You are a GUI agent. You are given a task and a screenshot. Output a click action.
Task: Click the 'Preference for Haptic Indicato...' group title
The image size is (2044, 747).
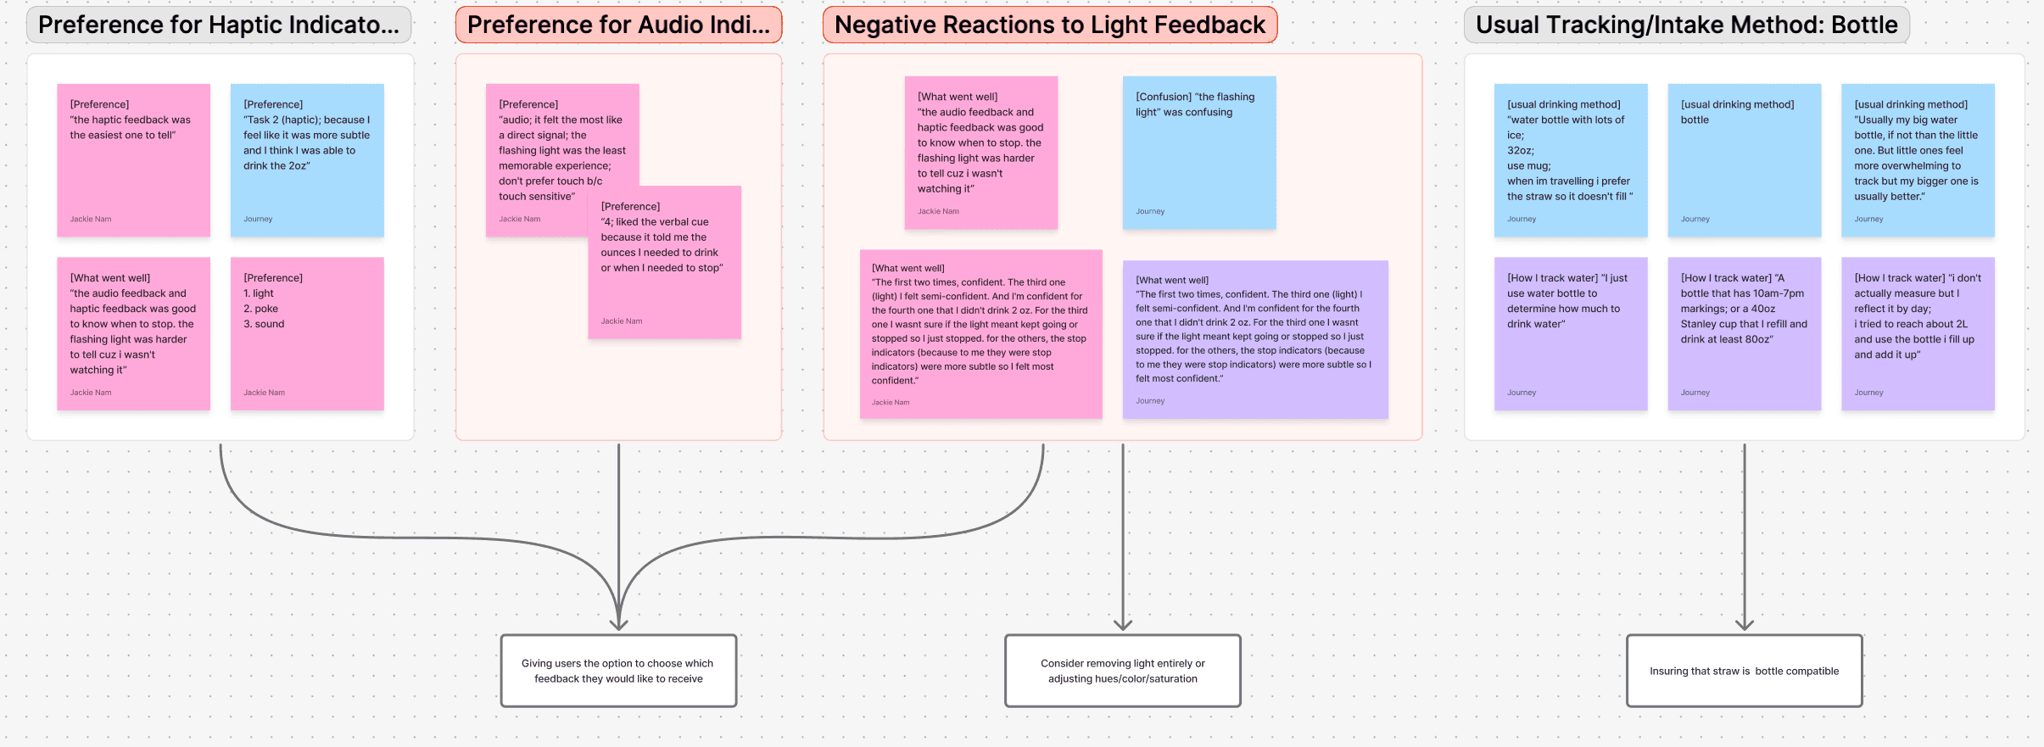tap(218, 25)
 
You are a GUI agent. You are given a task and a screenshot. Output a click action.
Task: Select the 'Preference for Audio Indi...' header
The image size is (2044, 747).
tap(618, 25)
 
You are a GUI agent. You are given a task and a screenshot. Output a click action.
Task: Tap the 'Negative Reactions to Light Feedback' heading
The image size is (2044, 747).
tap(1049, 25)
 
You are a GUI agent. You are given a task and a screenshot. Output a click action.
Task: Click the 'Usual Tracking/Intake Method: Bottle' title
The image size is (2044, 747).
tap(1686, 25)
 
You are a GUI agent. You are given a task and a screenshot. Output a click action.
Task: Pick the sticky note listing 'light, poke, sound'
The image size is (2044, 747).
tap(307, 333)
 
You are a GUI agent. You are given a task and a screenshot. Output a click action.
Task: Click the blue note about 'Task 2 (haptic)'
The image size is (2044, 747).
tap(307, 159)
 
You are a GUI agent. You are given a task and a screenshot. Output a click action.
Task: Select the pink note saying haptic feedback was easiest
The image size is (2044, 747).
tap(133, 159)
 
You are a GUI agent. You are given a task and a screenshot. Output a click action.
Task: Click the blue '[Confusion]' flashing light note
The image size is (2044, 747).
tap(1198, 153)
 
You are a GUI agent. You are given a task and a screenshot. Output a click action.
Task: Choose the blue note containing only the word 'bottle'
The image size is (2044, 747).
tap(1744, 159)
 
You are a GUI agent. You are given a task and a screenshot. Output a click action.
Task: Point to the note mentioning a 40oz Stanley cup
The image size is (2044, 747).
tap(1744, 333)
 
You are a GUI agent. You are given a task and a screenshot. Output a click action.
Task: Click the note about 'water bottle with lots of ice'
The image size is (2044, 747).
tap(1570, 159)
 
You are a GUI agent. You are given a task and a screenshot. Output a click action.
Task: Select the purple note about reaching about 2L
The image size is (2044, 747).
tap(1917, 333)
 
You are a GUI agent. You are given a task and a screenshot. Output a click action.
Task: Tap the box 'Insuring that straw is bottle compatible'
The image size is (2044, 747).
tap(1744, 671)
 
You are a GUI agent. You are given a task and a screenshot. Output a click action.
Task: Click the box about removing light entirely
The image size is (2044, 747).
tap(1122, 671)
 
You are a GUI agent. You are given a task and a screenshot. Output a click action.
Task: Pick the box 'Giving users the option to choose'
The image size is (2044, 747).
tap(618, 671)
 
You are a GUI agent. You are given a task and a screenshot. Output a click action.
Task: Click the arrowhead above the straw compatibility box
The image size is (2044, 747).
tap(1744, 626)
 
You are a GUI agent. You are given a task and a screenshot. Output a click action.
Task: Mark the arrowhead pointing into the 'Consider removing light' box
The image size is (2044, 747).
tap(1123, 626)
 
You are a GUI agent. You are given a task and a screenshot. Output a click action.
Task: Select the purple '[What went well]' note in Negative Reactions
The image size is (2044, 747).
tap(1254, 339)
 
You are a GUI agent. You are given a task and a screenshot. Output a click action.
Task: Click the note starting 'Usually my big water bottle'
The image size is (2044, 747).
tap(1917, 159)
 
